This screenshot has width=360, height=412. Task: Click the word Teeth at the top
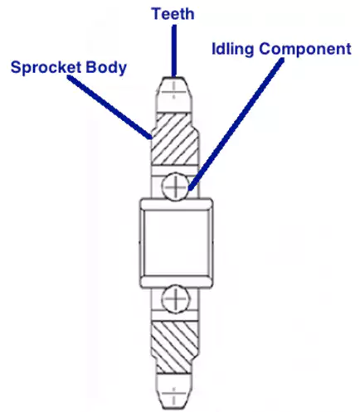[x=173, y=12]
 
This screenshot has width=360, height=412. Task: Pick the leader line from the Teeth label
[x=173, y=50]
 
